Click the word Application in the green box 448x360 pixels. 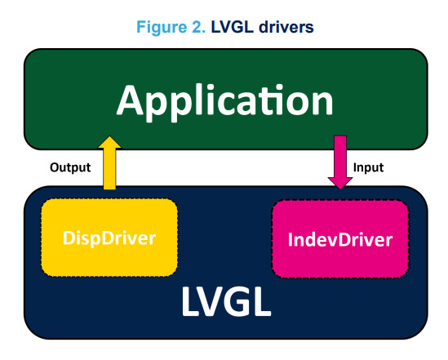click(x=224, y=102)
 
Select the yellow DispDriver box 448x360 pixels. click(x=109, y=238)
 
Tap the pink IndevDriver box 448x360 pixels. click(x=340, y=239)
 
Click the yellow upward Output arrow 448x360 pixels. click(x=109, y=162)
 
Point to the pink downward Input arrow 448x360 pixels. click(x=340, y=162)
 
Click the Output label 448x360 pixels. click(x=70, y=167)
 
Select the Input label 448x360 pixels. click(x=368, y=167)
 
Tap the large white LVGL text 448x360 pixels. click(x=226, y=301)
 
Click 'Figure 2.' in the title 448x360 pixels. click(x=171, y=27)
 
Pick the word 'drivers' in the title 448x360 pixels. click(x=286, y=27)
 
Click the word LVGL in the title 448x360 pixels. click(x=232, y=27)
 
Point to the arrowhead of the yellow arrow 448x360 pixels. click(x=109, y=142)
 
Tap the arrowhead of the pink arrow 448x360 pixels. click(x=340, y=183)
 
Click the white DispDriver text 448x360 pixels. click(x=109, y=238)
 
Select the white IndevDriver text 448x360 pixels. click(x=340, y=239)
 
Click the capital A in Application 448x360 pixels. click(x=130, y=100)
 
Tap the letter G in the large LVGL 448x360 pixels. click(x=234, y=301)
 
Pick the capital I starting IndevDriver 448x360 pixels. click(x=290, y=239)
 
